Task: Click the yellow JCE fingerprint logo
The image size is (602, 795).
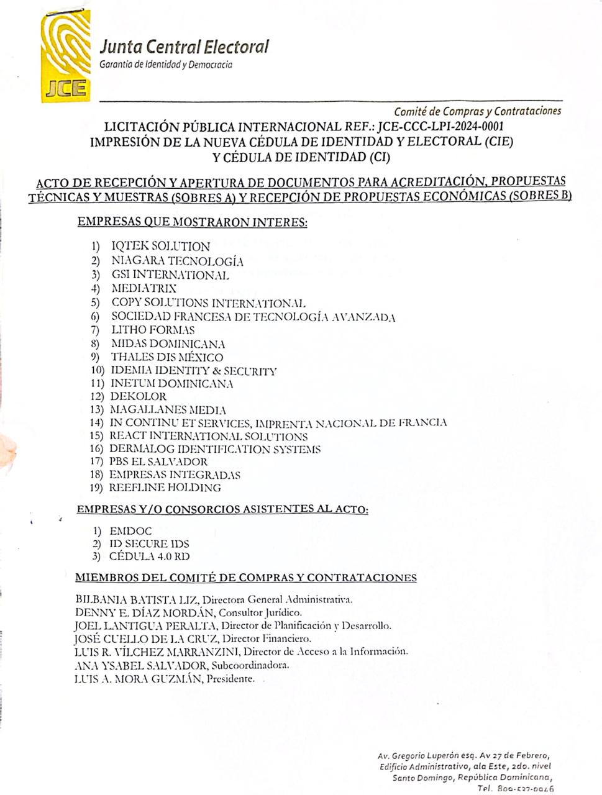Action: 65,57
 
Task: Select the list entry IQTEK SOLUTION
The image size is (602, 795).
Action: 160,246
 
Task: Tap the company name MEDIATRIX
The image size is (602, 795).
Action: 144,288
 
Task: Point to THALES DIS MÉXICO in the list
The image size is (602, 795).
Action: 166,357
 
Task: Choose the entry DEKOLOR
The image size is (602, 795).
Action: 138,396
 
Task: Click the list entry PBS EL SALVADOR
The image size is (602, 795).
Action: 158,462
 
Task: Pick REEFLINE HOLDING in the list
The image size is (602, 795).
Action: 165,488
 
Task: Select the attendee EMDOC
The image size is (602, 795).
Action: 130,532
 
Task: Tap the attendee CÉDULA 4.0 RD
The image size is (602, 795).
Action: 149,556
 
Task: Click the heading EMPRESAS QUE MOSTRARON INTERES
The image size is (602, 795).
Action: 192,222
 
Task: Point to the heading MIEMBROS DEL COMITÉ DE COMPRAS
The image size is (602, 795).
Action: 245,578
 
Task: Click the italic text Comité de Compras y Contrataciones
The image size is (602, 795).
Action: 477,111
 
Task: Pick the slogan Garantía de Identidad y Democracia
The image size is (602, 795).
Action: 166,65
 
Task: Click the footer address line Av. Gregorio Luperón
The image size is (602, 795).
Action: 463,756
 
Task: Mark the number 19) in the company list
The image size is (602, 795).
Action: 96,488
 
